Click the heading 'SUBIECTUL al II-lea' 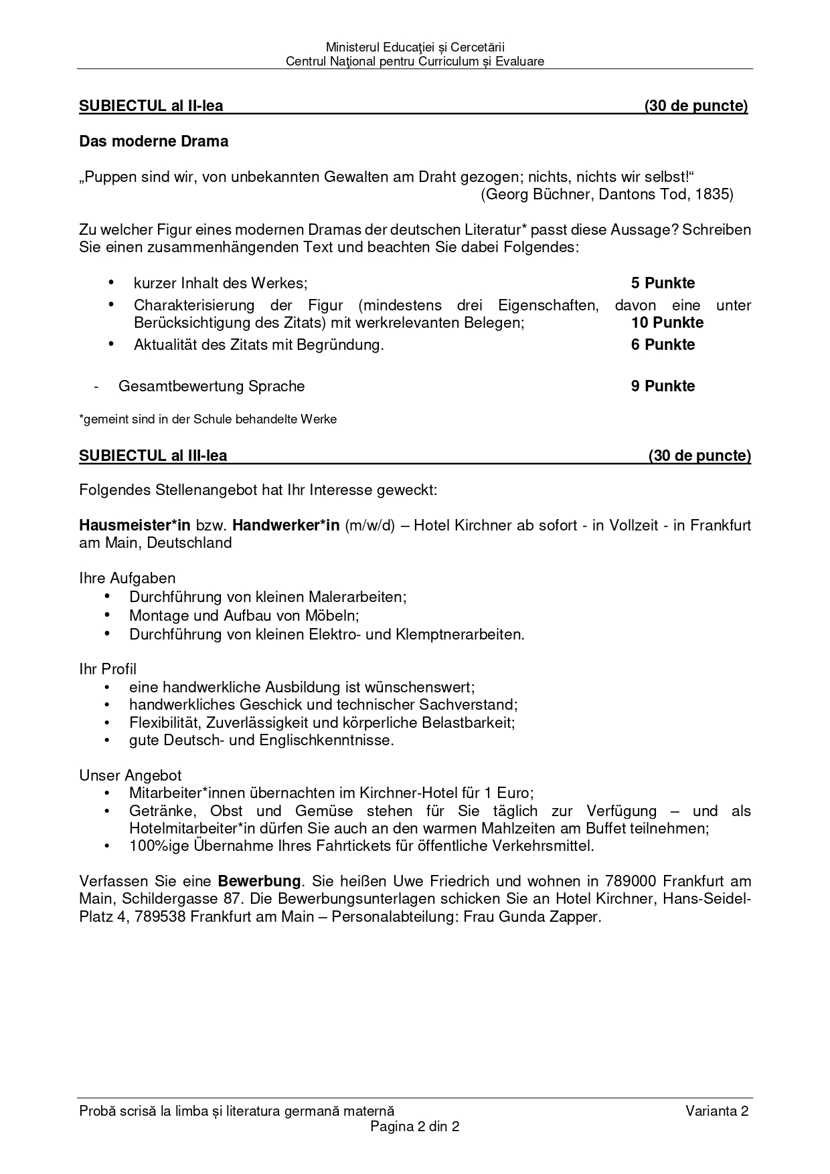point(151,106)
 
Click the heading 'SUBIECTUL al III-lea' point(153,456)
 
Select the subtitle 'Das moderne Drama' point(154,141)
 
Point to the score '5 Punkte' point(663,283)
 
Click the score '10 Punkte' point(667,322)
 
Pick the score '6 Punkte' point(663,345)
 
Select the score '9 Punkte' point(663,386)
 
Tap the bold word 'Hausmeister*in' point(135,525)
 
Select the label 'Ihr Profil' point(108,669)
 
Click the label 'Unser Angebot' point(131,775)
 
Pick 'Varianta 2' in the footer point(717,1111)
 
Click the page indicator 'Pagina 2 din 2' point(415,1127)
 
